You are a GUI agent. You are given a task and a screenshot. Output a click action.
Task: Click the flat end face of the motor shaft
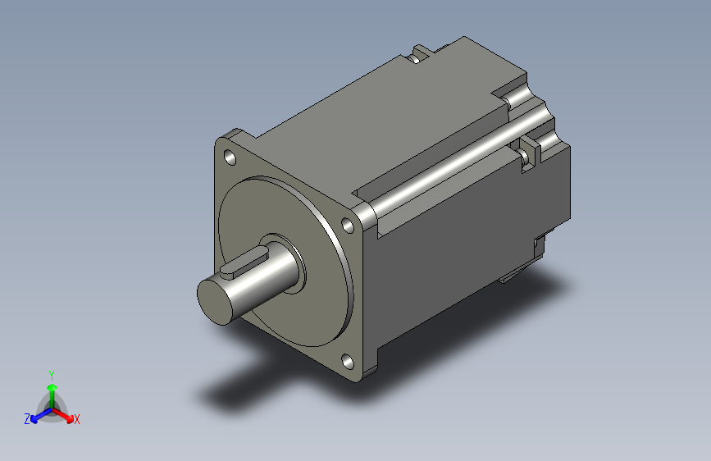click(x=215, y=302)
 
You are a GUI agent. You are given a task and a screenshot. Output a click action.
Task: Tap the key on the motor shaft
click(x=244, y=264)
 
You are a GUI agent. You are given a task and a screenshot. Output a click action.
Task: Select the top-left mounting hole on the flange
click(x=230, y=158)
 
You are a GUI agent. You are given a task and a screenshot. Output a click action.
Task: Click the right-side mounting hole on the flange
click(x=348, y=226)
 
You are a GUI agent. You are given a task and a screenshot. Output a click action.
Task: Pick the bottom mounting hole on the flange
click(x=348, y=362)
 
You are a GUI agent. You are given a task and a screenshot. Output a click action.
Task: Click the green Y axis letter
click(x=52, y=376)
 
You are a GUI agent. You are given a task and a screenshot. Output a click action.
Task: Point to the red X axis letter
click(x=76, y=420)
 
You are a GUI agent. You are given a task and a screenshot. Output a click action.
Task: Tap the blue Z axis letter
click(x=27, y=419)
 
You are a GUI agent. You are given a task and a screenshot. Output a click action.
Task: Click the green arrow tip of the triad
click(x=52, y=387)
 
